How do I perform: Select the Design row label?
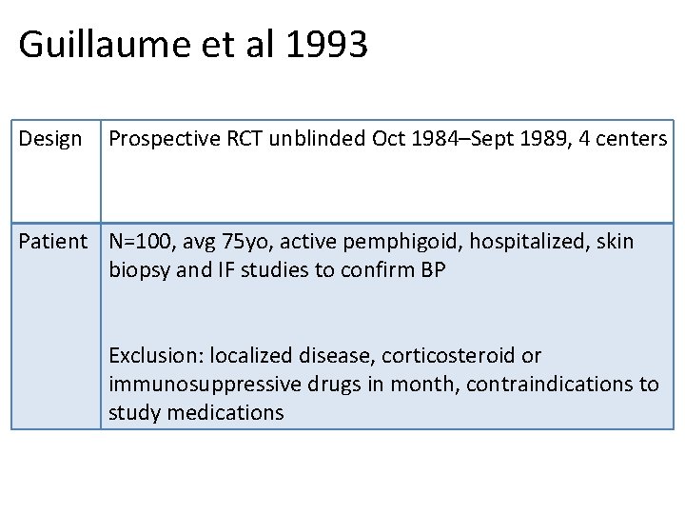[x=50, y=139]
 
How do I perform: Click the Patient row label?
[x=53, y=242]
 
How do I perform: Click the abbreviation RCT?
[x=245, y=139]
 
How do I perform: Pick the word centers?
[x=632, y=139]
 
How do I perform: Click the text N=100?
[x=139, y=242]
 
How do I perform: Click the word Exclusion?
[x=156, y=356]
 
